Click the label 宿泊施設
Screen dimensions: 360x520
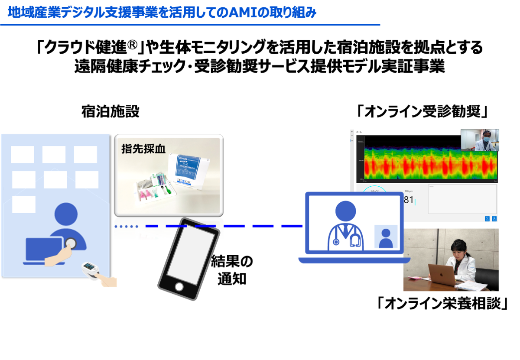pyautogui.click(x=110, y=112)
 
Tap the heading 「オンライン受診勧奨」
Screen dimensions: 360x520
pyautogui.click(x=422, y=112)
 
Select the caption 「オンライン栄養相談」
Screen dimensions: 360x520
pyautogui.click(x=442, y=303)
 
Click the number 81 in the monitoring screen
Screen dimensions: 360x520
pyautogui.click(x=409, y=200)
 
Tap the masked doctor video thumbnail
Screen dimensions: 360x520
pyautogui.click(x=480, y=140)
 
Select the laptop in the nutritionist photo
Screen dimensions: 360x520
pyautogui.click(x=442, y=275)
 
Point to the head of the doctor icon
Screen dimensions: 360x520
pyautogui.click(x=346, y=210)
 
